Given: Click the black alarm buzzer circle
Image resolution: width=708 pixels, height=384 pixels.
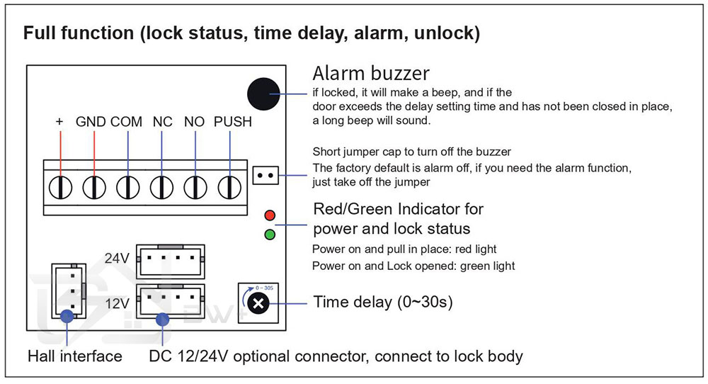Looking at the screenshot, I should [264, 94].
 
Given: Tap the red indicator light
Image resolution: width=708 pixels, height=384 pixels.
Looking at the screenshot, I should [269, 215].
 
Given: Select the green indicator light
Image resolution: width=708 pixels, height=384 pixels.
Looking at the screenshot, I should [269, 235].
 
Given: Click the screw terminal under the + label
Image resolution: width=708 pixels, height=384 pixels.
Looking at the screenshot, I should [60, 188].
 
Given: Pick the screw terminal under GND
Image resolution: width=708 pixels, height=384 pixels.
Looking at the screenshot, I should [92, 188].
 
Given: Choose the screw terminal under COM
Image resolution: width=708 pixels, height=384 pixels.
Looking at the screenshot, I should [127, 188].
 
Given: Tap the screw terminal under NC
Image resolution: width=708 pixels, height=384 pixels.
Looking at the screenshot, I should [162, 188].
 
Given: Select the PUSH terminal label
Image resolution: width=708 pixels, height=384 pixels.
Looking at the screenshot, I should [233, 122].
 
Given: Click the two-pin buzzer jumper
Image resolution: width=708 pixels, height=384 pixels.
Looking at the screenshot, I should [265, 174].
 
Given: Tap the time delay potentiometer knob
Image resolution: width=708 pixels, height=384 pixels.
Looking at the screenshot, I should [258, 304].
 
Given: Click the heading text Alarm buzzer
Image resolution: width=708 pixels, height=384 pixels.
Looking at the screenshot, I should [370, 74].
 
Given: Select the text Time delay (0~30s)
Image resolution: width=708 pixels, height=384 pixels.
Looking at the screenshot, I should [383, 303].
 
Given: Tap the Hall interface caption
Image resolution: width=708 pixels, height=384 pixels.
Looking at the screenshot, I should [74, 356].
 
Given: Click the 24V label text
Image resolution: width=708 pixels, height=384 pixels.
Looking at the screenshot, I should [117, 259].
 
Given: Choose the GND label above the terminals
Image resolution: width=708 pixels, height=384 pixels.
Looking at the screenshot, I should [90, 122].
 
